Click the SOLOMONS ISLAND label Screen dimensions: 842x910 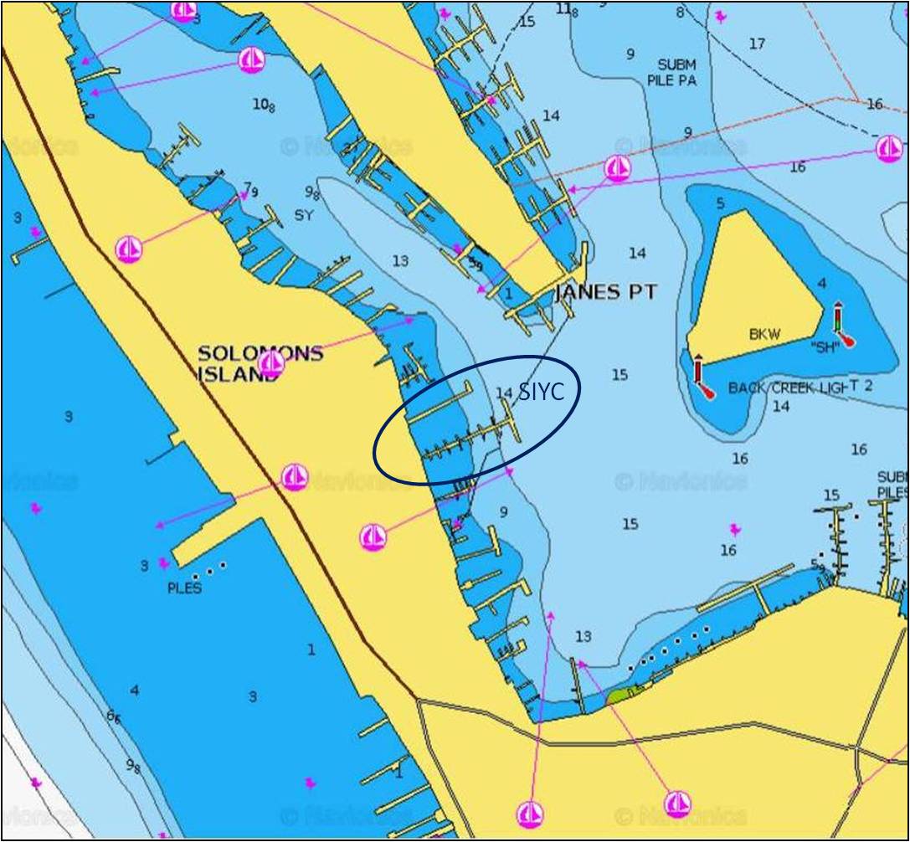[x=260, y=363]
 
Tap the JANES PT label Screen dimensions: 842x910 [x=606, y=293]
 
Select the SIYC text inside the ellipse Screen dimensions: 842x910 [x=541, y=392]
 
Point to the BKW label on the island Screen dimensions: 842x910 [x=764, y=334]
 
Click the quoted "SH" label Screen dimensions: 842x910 [x=825, y=348]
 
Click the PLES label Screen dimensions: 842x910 [x=184, y=588]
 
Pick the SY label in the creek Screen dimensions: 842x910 [x=303, y=215]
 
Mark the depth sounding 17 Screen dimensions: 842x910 [x=757, y=44]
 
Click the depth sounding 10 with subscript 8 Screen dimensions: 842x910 [x=264, y=105]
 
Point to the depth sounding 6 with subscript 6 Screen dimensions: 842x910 [x=113, y=716]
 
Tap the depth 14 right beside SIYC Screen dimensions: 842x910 [x=503, y=393]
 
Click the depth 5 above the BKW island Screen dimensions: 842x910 [x=720, y=203]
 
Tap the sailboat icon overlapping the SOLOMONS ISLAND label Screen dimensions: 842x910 [x=270, y=364]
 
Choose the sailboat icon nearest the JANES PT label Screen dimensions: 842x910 [x=617, y=168]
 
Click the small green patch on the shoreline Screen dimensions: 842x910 [x=624, y=692]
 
